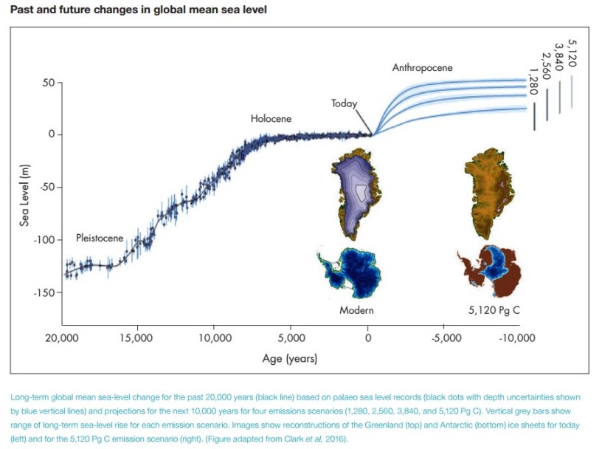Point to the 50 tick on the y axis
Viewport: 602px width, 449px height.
(48, 83)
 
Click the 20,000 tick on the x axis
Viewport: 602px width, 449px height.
(62, 338)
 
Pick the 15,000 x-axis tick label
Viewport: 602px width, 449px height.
(137, 338)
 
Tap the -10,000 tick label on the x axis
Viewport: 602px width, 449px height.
(516, 338)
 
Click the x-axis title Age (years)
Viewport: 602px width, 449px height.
(290, 359)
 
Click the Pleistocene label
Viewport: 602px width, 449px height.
(100, 239)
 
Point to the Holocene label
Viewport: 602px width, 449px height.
(271, 118)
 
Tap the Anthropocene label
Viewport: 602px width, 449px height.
(422, 68)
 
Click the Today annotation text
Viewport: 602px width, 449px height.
(344, 103)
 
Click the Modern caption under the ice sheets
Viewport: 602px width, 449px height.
(356, 310)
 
